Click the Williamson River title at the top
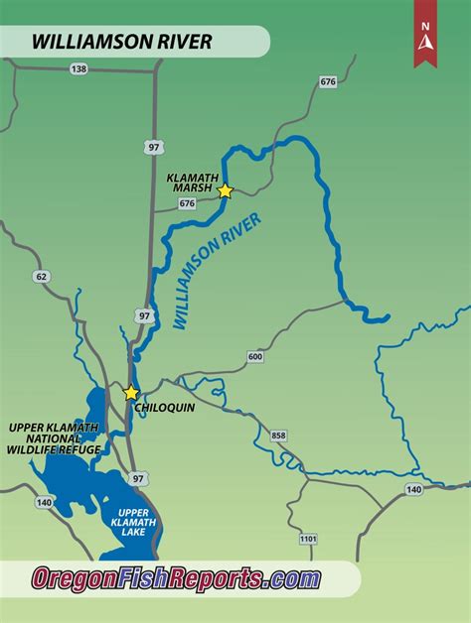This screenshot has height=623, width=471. tap(121, 42)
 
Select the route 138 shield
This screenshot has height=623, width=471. tap(78, 68)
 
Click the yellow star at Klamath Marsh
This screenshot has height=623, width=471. tap(226, 190)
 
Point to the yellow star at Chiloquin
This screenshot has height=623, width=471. tap(131, 393)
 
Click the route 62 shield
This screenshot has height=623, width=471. tap(41, 277)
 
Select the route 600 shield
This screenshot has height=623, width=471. tap(255, 356)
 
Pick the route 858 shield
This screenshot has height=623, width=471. tap(277, 435)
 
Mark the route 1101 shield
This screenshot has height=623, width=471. tap(308, 540)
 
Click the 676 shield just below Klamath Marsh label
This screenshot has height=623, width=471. tap(187, 203)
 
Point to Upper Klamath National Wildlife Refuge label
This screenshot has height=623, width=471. tap(55, 438)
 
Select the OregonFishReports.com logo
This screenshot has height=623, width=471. tap(176, 578)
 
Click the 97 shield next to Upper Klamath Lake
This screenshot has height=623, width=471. tap(138, 478)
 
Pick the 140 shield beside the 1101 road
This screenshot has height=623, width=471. tap(413, 490)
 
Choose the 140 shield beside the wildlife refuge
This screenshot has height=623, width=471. tap(44, 503)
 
